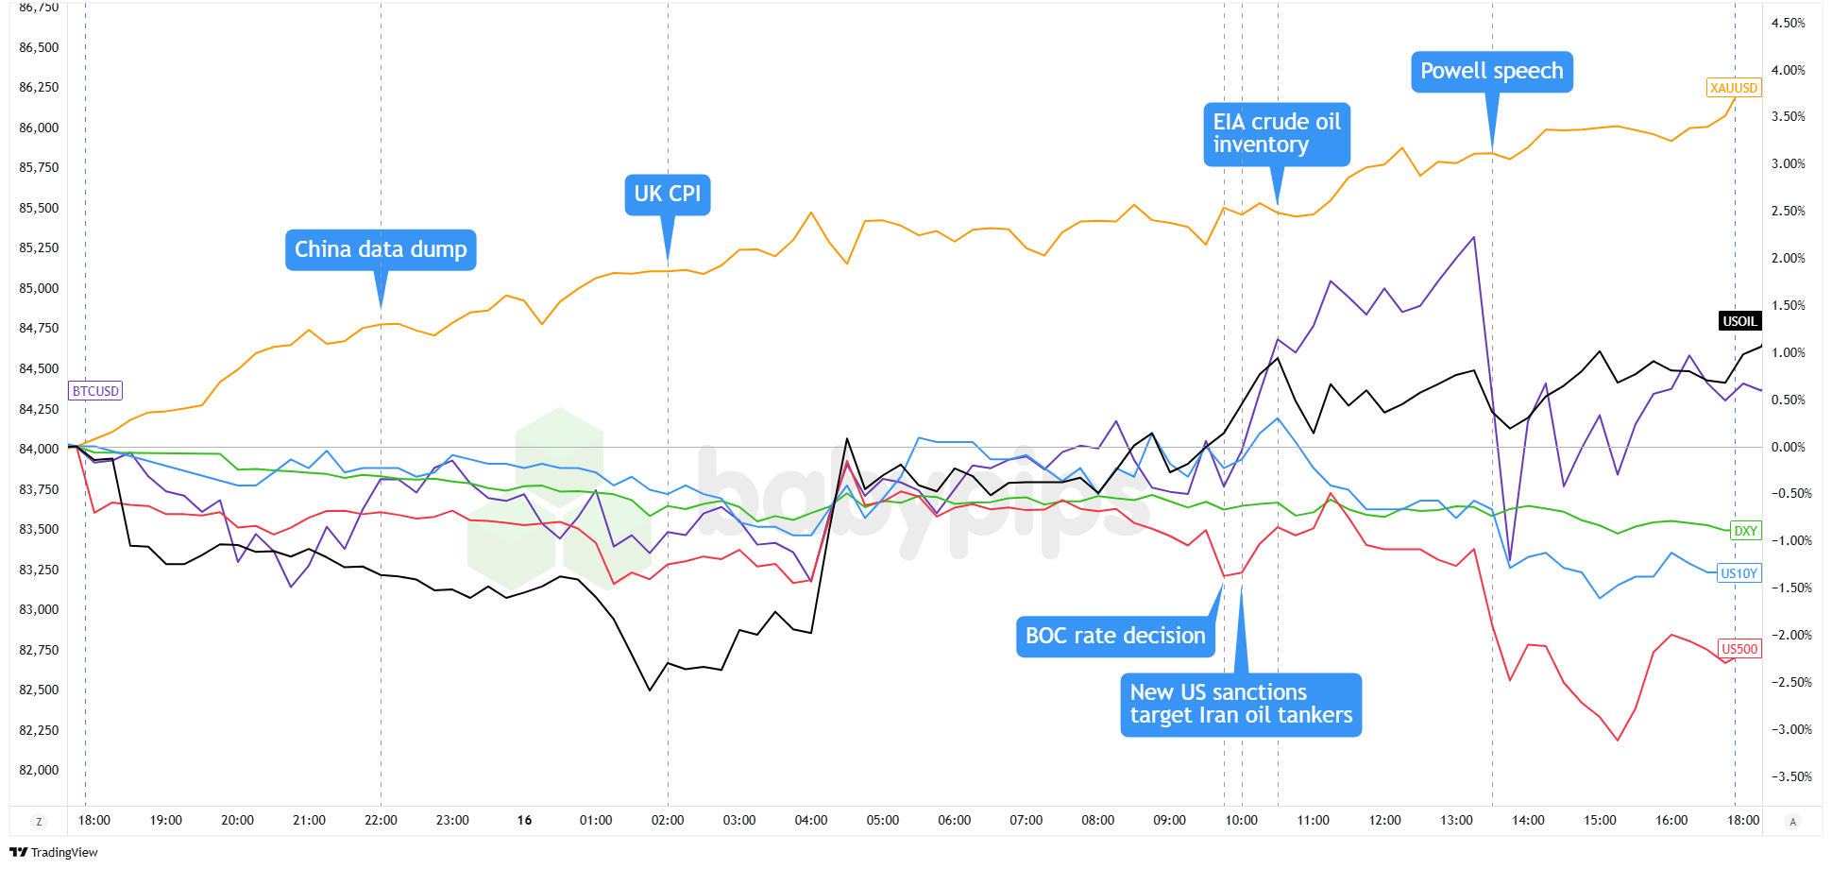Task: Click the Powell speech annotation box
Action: click(x=1491, y=72)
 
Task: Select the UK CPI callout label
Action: click(x=667, y=195)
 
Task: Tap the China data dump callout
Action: click(x=381, y=250)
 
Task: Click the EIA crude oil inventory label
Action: click(x=1276, y=134)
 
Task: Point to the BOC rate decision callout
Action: click(x=1114, y=637)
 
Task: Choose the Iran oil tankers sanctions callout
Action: click(x=1240, y=705)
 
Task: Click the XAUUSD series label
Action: click(x=1733, y=88)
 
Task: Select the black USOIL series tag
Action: click(x=1739, y=321)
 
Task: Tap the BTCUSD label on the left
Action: click(x=95, y=391)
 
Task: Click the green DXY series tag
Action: click(x=1745, y=531)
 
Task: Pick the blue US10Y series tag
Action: click(x=1739, y=573)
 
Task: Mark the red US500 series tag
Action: click(x=1739, y=649)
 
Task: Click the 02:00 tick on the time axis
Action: click(x=668, y=820)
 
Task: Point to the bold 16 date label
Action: click(x=524, y=820)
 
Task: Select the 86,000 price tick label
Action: click(x=39, y=128)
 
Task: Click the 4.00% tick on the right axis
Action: click(x=1788, y=70)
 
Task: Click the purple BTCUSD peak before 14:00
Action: click(x=1473, y=237)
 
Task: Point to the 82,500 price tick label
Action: click(x=39, y=690)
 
